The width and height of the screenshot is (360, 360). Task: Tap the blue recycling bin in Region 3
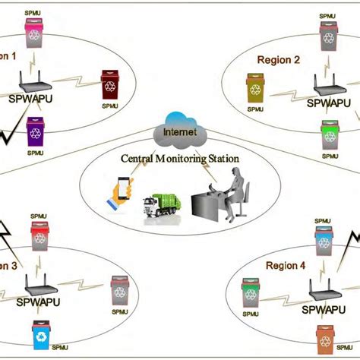40,335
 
